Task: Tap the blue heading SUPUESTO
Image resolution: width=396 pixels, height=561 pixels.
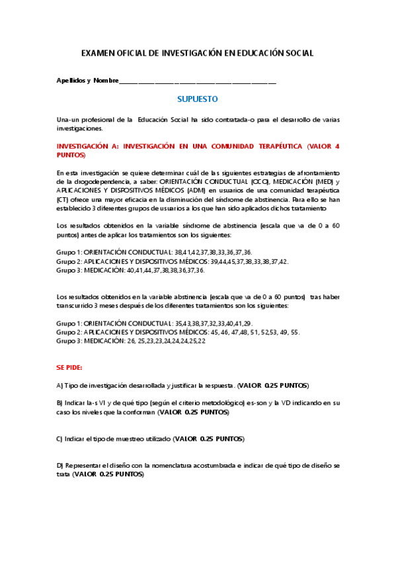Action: (198, 99)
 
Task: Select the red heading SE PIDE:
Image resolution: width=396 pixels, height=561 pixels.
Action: (69, 367)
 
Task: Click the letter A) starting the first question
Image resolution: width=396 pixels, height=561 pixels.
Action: (60, 385)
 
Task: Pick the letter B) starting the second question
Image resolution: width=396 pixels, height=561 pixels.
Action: (60, 402)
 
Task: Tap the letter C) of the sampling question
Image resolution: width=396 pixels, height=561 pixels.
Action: (60, 439)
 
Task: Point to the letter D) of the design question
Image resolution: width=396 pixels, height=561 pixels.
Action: (60, 466)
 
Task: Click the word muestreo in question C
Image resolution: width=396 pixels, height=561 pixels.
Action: (133, 439)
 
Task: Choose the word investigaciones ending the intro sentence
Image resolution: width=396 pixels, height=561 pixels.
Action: (81, 128)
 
